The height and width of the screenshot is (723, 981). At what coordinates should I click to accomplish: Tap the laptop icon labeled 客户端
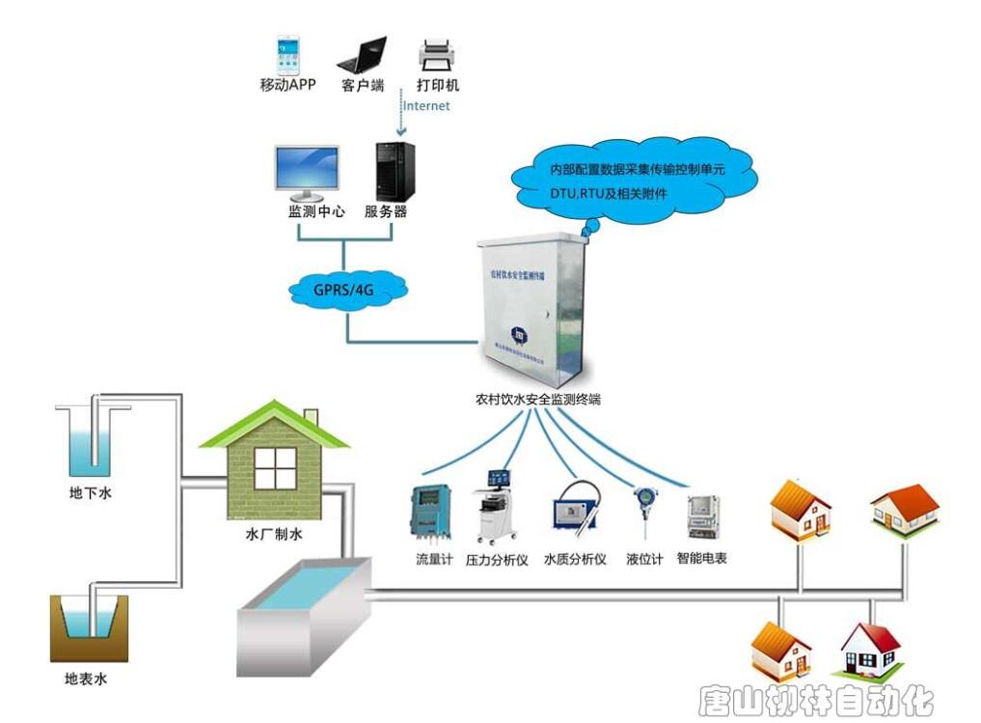(x=363, y=55)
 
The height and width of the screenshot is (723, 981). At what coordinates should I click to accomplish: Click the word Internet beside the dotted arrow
(x=426, y=106)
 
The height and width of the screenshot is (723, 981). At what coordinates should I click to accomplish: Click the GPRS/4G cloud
(x=344, y=286)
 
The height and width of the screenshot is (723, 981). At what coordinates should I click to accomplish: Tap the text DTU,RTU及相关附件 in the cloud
(x=609, y=195)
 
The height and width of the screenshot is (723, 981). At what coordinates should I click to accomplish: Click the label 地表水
(x=85, y=679)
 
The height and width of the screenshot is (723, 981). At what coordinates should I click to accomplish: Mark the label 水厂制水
(x=274, y=534)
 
